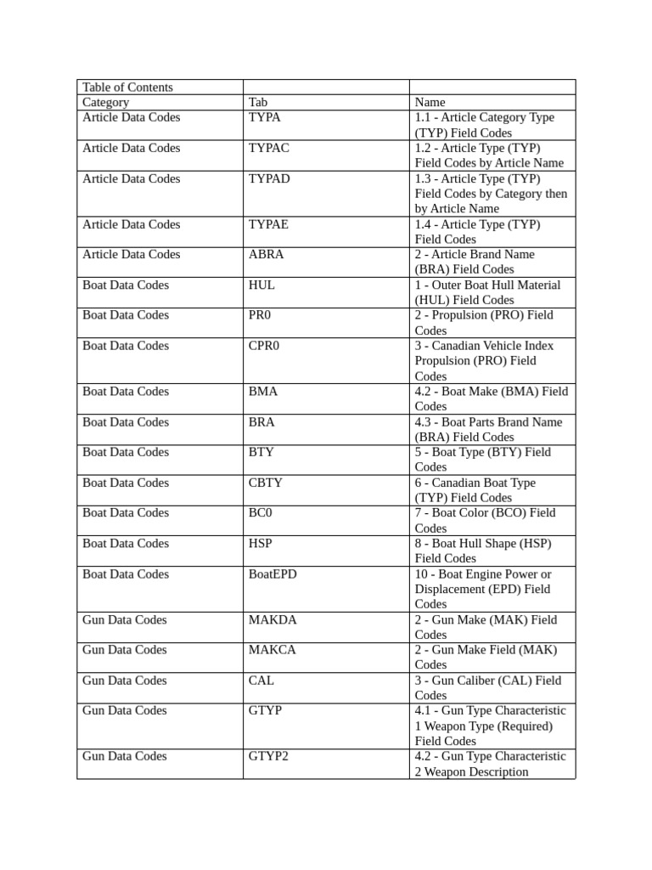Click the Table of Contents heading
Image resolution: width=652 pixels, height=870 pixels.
pyautogui.click(x=127, y=88)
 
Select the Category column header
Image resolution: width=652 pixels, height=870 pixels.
pyautogui.click(x=106, y=103)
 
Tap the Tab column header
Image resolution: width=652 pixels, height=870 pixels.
pyautogui.click(x=258, y=103)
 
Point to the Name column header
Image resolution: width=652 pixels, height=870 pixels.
pyautogui.click(x=430, y=103)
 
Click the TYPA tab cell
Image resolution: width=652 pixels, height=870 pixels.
pyautogui.click(x=265, y=118)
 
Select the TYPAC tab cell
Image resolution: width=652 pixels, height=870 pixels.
pyautogui.click(x=269, y=149)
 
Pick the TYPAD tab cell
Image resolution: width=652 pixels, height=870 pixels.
pyautogui.click(x=269, y=179)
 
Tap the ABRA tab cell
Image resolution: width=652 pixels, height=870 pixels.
pyautogui.click(x=267, y=255)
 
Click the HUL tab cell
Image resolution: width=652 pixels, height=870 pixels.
pyautogui.click(x=261, y=285)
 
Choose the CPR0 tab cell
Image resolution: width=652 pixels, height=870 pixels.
pyautogui.click(x=266, y=346)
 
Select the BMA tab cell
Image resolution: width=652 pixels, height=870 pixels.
pyautogui.click(x=263, y=392)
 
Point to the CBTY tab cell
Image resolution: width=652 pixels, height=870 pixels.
pyautogui.click(x=266, y=483)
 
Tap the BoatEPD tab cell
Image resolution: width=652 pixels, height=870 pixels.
pyautogui.click(x=273, y=574)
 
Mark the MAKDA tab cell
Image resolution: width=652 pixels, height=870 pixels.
pyautogui.click(x=273, y=620)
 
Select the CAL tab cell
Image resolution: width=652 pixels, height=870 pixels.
pyautogui.click(x=261, y=681)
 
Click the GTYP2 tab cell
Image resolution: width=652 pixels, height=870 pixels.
pyautogui.click(x=268, y=756)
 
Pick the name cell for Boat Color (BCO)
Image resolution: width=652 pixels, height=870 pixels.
pyautogui.click(x=485, y=520)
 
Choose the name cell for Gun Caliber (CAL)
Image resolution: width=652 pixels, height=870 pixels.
pyautogui.click(x=487, y=687)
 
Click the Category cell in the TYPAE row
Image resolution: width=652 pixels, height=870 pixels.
pyautogui.click(x=132, y=225)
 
